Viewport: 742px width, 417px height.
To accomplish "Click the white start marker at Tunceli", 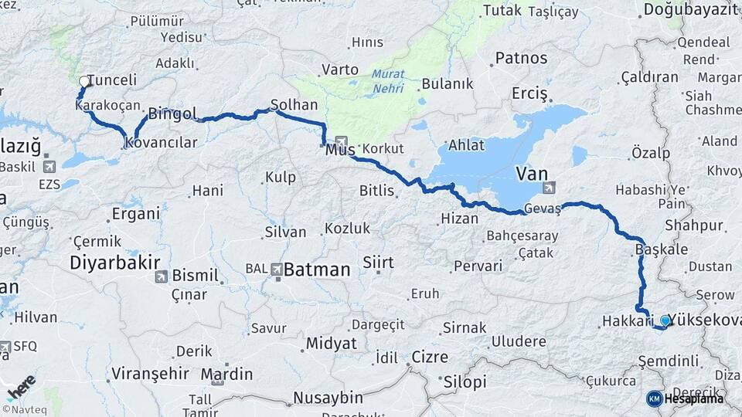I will (x=84, y=81).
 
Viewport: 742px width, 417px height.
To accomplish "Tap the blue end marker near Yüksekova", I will (x=665, y=319).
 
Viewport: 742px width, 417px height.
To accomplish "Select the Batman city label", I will (x=317, y=270).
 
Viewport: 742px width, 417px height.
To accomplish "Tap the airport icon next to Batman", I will (x=276, y=270).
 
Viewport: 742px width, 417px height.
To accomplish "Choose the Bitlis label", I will (x=377, y=190).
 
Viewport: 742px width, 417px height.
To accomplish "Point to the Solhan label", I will (x=294, y=103).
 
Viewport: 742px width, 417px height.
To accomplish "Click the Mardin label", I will (x=227, y=375).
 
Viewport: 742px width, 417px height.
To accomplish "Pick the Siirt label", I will (x=378, y=263).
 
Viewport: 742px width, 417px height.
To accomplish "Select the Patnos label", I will (x=521, y=58).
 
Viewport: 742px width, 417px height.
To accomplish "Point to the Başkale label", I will (x=661, y=249).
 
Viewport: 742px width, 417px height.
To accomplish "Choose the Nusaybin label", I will (x=328, y=398).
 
